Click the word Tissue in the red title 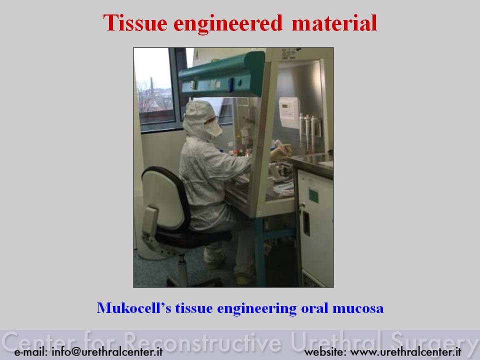pos(135,23)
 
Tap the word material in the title pos(334,23)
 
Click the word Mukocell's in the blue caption pos(134,308)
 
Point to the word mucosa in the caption pos(358,308)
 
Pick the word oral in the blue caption pos(314,308)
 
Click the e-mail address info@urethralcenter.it pos(107,351)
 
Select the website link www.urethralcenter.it pos(405,351)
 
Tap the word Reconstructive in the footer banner pos(202,341)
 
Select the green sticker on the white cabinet pos(313,196)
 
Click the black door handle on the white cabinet pos(306,223)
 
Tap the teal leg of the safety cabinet pos(259,251)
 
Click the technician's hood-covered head pos(200,119)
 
